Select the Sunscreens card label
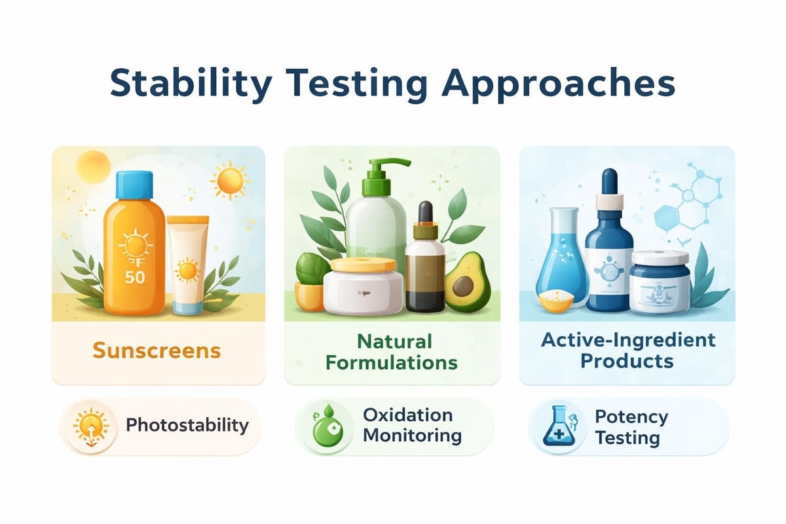pyautogui.click(x=157, y=350)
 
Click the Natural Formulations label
pyautogui.click(x=392, y=352)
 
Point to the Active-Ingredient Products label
pyautogui.click(x=628, y=350)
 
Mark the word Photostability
pyautogui.click(x=187, y=425)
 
